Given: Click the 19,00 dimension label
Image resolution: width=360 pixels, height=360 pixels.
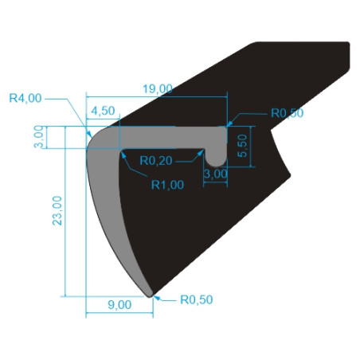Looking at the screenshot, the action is click(158, 89).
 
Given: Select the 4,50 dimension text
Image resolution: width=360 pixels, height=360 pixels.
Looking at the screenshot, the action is click(103, 111).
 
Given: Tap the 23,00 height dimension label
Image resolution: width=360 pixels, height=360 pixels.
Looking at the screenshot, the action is click(57, 211).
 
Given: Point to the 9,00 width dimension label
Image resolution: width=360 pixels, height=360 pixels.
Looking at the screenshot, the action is click(119, 305).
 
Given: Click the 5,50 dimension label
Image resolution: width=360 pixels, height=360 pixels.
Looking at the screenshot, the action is click(242, 146).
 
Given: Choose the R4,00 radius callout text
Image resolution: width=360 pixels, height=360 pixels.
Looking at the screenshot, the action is click(25, 98).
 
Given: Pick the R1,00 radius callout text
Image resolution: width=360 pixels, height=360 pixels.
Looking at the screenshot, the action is click(167, 185).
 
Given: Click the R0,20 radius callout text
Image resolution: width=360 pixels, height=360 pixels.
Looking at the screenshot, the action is click(156, 161).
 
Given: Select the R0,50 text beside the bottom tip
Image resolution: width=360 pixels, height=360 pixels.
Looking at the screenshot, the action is click(197, 299).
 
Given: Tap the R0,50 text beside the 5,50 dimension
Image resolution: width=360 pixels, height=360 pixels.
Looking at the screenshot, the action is click(287, 113).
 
